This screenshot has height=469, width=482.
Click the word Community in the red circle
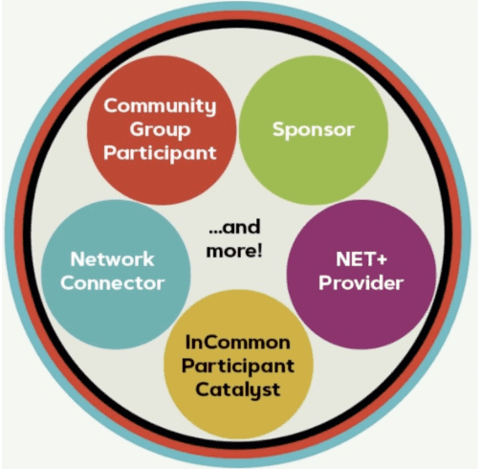[160, 107]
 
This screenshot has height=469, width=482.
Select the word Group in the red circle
[160, 130]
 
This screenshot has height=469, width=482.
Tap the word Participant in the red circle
[160, 154]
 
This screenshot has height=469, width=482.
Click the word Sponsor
[314, 130]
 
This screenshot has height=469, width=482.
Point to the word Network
[112, 259]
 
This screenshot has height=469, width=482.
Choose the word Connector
[113, 283]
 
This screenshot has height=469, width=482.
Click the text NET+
[361, 259]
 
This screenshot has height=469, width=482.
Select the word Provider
[361, 283]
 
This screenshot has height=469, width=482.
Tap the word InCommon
[238, 343]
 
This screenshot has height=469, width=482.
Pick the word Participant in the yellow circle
[238, 366]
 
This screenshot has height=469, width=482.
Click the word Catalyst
[238, 390]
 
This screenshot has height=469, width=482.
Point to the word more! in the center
[234, 251]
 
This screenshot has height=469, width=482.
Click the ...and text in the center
[234, 227]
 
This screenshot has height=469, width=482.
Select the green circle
[314, 130]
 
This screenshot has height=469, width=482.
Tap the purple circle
[361, 275]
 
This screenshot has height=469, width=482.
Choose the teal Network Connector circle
[116, 275]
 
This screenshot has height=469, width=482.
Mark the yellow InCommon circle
[238, 365]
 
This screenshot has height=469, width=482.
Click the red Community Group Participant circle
[162, 130]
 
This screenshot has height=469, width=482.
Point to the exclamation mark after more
[259, 250]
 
